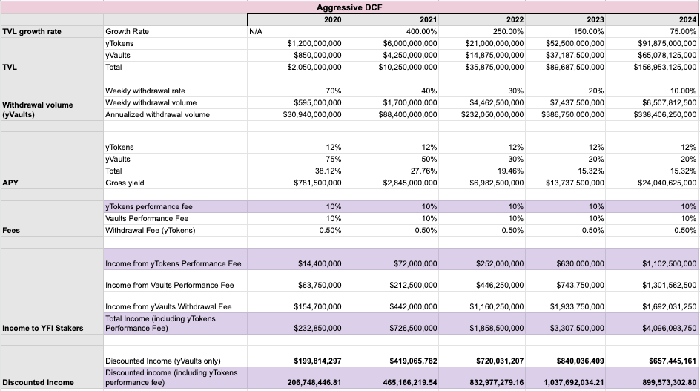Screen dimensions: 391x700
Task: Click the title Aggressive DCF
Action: click(x=349, y=7)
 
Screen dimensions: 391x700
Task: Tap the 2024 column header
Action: click(x=687, y=19)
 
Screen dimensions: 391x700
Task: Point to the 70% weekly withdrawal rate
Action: click(x=333, y=91)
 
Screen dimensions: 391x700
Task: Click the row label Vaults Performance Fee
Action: click(x=147, y=218)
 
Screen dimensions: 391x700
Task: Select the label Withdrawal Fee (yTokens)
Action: click(x=151, y=230)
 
